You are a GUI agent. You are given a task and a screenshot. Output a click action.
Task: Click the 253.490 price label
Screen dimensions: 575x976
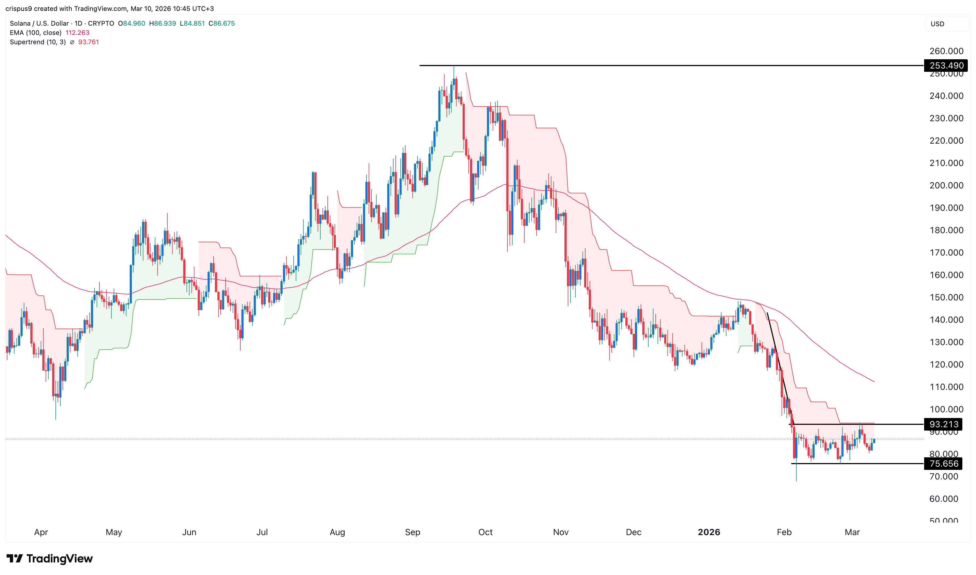click(x=946, y=66)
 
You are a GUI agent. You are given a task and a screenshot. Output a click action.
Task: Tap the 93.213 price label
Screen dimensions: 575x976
click(x=944, y=424)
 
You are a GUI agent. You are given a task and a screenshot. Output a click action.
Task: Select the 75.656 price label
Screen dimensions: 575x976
click(x=944, y=464)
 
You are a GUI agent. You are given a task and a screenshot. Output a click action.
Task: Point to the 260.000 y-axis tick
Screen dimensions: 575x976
click(x=946, y=51)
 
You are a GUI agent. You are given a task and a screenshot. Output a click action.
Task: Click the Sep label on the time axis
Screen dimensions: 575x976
click(x=412, y=532)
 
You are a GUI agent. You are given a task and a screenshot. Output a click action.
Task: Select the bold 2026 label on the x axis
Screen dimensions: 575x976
click(x=709, y=532)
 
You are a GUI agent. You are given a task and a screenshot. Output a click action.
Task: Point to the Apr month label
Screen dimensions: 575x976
click(x=41, y=532)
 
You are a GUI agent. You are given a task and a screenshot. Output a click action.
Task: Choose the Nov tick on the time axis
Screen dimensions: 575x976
click(x=561, y=532)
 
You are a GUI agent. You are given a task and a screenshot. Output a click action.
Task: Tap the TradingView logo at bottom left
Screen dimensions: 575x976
click(x=50, y=558)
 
